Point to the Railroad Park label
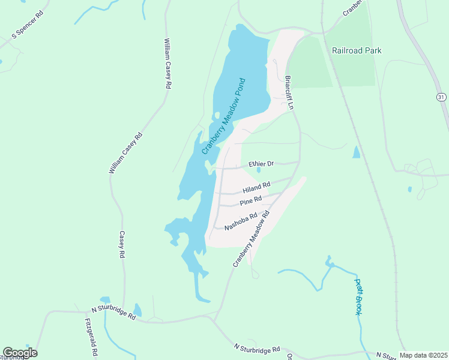pos(357,51)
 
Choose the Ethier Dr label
pos(261,164)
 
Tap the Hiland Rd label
pos(256,187)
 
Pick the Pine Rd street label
pos(251,201)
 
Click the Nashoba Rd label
pos(241,222)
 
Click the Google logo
pos(20,353)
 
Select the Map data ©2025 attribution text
pos(423,355)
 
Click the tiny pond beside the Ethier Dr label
pos(258,170)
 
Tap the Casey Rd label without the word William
pos(121,245)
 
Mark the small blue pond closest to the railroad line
pos(357,152)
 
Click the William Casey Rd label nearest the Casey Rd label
pos(126,153)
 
